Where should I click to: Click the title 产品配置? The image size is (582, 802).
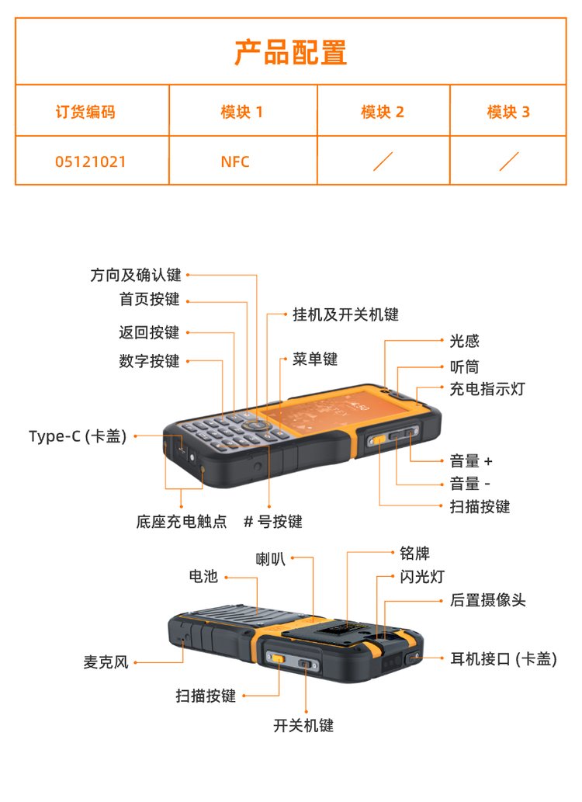[x=290, y=52]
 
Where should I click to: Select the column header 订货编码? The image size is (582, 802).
[x=85, y=112]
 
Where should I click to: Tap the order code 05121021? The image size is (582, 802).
[x=91, y=161]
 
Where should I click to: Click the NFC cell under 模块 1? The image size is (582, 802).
[x=235, y=161]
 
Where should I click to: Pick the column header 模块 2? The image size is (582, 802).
[x=383, y=112]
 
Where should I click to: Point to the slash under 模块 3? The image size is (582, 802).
[x=509, y=161]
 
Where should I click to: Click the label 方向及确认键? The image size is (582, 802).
[x=136, y=275]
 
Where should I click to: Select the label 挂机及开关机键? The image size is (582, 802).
[x=346, y=314]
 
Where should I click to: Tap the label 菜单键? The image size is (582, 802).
[x=315, y=359]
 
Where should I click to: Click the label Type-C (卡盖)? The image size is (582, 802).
[x=78, y=436]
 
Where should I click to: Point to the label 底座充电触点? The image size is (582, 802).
[x=182, y=521]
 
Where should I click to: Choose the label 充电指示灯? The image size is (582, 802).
[x=487, y=389]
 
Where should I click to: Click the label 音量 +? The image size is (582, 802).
[x=471, y=461]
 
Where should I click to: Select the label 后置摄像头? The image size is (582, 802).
[x=488, y=599]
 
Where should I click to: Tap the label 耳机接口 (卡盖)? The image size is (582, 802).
[x=504, y=659]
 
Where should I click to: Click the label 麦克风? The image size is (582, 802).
[x=106, y=662]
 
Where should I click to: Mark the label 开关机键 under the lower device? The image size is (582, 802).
[x=303, y=725]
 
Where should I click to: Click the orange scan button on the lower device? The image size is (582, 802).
[x=278, y=658]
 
